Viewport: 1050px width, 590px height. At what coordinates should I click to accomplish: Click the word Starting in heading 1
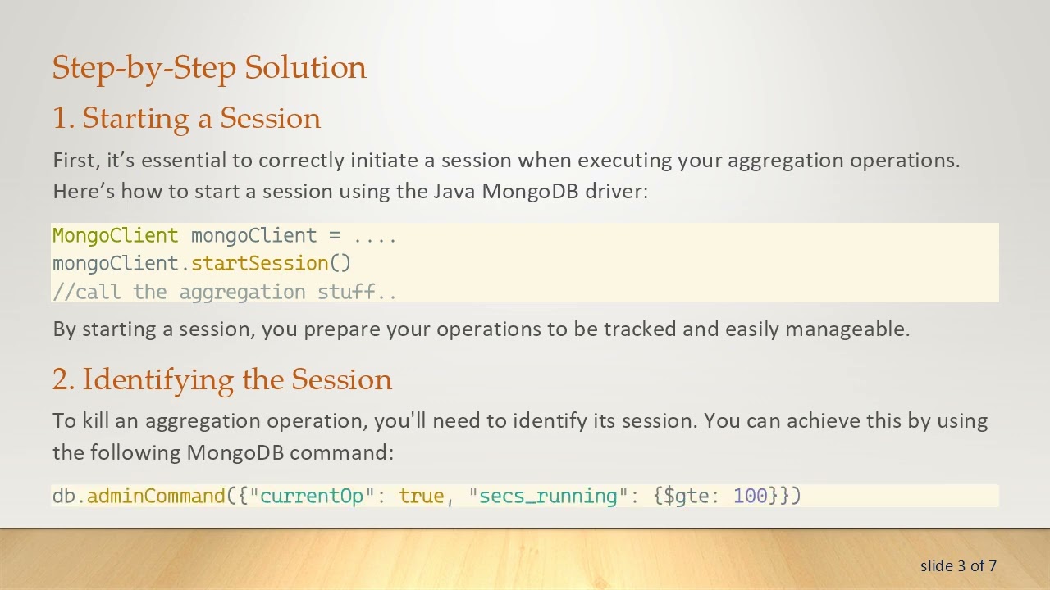pos(136,118)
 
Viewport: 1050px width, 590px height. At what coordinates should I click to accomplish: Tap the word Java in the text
pos(454,191)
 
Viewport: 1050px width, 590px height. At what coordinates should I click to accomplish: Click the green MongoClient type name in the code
pos(115,236)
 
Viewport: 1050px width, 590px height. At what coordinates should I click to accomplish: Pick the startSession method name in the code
pos(259,263)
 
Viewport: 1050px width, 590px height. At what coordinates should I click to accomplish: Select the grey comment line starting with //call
pos(224,292)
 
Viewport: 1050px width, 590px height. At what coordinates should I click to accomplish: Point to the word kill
pos(95,420)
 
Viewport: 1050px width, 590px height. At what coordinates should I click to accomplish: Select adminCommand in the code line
pos(156,496)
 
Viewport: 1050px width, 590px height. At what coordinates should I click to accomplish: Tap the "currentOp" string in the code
pos(312,496)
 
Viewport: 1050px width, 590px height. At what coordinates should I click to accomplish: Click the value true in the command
pos(421,496)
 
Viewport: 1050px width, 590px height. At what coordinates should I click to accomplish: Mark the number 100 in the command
pos(750,496)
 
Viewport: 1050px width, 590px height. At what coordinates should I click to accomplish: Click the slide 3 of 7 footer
pos(957,565)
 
